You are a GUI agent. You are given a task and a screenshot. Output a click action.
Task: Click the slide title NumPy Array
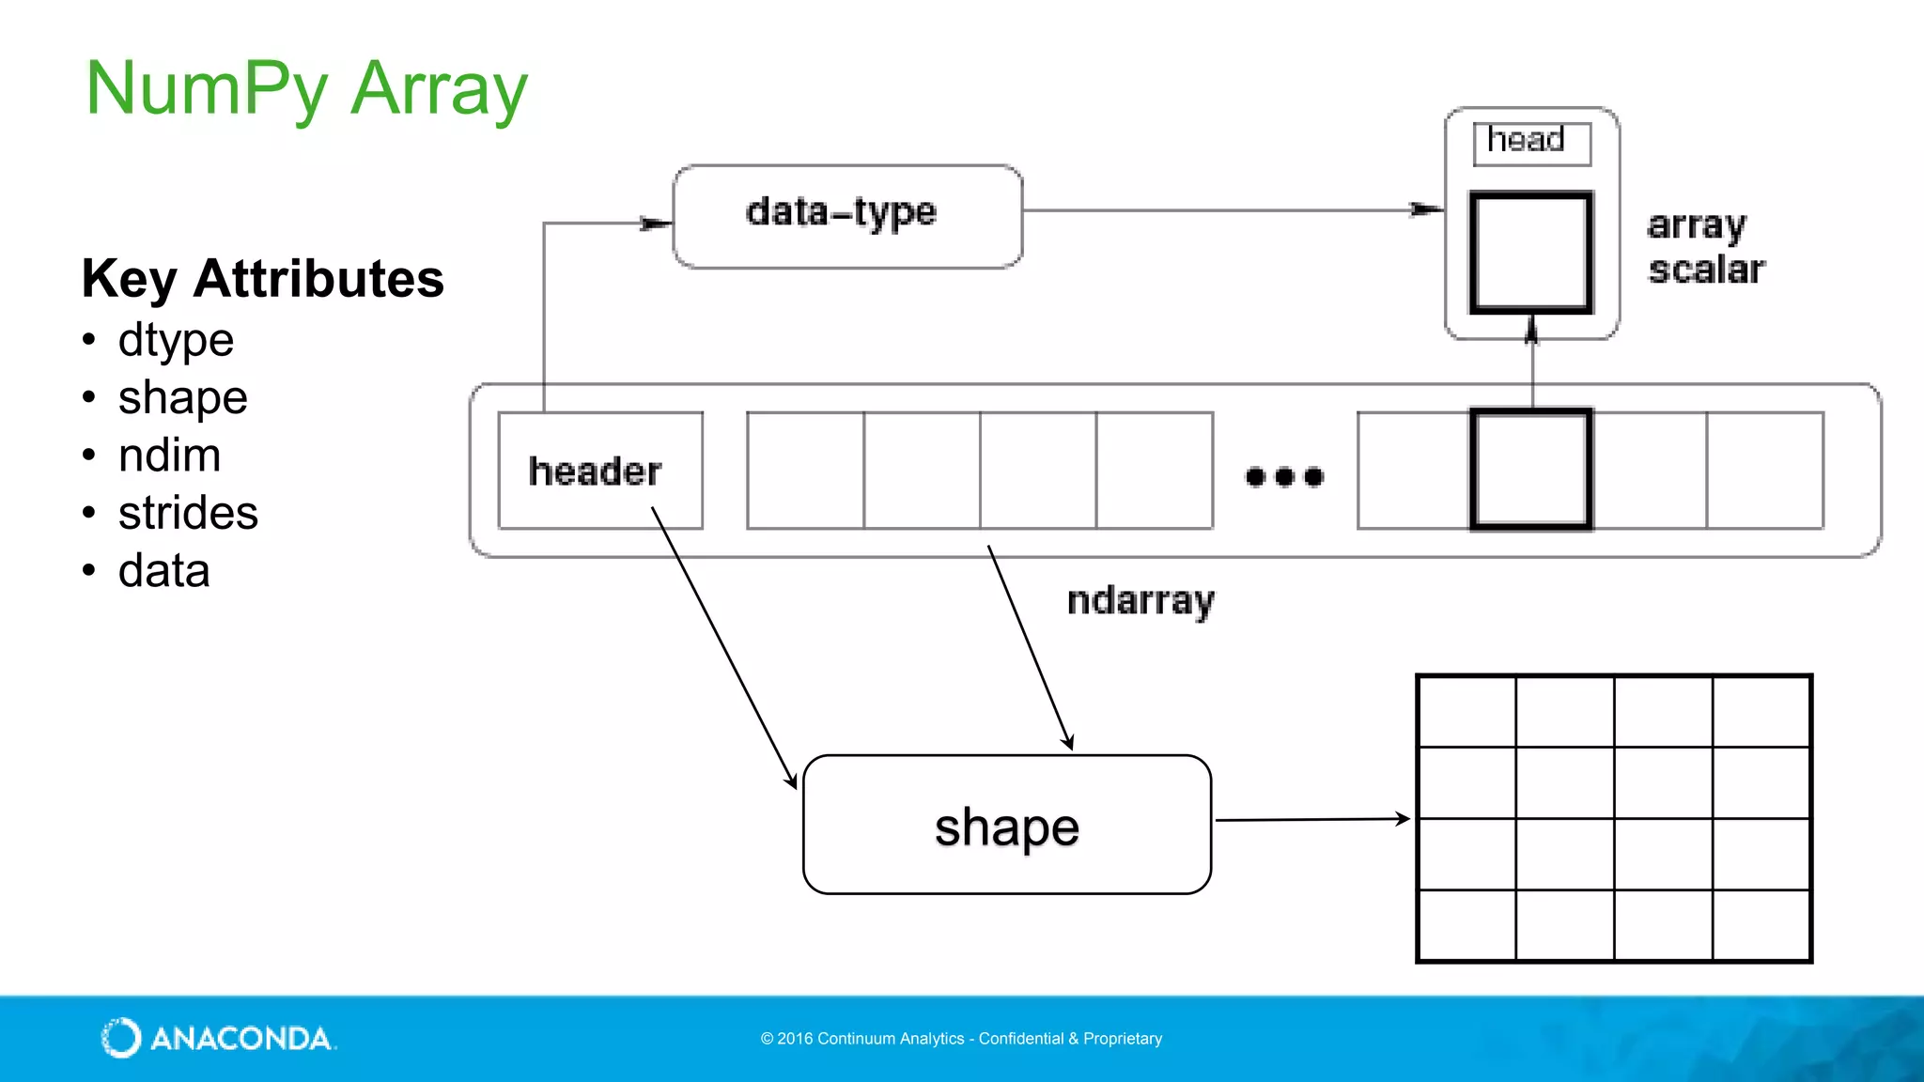point(306,89)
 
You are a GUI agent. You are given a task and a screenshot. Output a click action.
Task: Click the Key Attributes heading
point(262,279)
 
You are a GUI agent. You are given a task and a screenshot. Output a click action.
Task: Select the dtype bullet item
point(176,340)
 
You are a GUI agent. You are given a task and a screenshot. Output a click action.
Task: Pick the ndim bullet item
point(169,456)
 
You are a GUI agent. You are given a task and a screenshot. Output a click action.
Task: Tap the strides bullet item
point(188,513)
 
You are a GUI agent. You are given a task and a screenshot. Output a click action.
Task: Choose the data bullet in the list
point(163,571)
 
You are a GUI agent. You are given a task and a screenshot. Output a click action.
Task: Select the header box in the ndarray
point(599,471)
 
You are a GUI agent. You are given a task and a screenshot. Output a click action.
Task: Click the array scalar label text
point(1705,247)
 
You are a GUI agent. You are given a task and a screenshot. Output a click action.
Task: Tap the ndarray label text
point(1140,600)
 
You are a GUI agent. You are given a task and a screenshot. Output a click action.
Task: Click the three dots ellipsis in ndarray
point(1284,477)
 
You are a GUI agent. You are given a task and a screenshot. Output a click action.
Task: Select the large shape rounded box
point(1006,825)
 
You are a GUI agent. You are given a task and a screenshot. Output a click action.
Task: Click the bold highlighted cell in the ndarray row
point(1530,470)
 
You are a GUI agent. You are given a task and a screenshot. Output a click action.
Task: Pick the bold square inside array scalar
point(1530,252)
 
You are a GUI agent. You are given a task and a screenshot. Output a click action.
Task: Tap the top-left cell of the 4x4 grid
point(1466,712)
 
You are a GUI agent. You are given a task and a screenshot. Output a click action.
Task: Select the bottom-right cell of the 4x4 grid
point(1761,925)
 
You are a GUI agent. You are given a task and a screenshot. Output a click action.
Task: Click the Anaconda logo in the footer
point(218,1038)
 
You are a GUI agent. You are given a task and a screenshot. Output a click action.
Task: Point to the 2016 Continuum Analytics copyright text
point(961,1039)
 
